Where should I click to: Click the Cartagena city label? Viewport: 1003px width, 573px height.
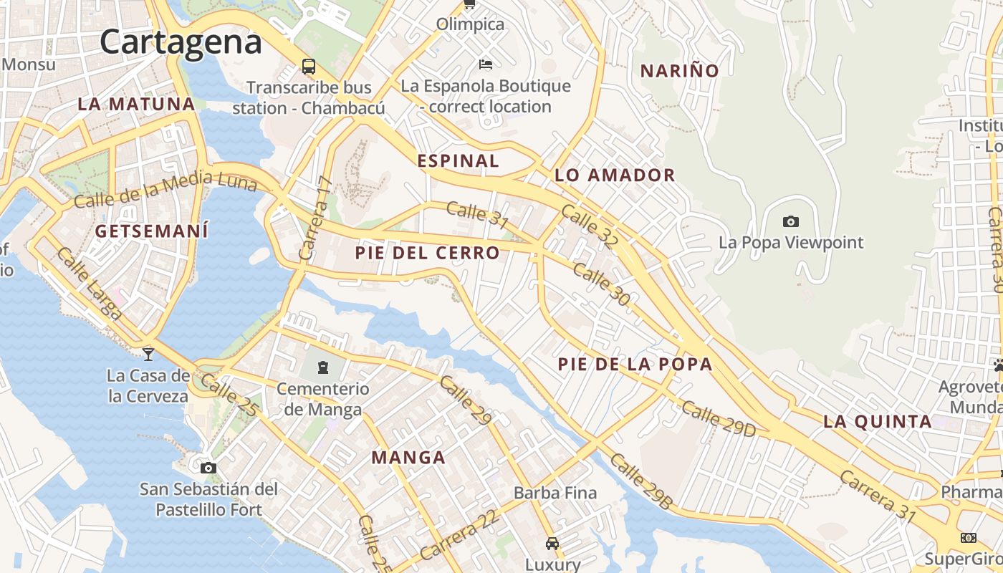click(181, 42)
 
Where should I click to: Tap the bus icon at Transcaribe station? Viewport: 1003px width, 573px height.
click(309, 67)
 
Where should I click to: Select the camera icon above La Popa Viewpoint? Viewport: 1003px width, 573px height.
click(791, 221)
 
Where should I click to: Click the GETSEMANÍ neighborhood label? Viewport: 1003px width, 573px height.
click(152, 231)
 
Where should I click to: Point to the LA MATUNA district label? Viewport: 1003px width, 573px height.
click(136, 104)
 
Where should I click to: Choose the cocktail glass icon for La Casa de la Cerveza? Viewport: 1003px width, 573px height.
click(148, 353)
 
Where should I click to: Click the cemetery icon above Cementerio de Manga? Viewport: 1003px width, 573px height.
click(323, 368)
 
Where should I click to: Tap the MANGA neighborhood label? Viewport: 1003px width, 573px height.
click(408, 457)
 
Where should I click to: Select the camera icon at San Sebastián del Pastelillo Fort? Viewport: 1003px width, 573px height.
click(208, 468)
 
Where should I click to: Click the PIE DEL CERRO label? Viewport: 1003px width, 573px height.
click(427, 253)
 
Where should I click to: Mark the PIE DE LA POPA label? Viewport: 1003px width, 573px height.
click(635, 364)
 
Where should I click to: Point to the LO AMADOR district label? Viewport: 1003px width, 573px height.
click(615, 175)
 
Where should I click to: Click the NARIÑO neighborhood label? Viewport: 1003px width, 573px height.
click(679, 71)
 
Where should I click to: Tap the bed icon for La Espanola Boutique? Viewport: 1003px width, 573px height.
click(486, 64)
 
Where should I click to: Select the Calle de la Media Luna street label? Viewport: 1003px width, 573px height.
click(165, 189)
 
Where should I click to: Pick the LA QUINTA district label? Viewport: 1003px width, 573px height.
click(878, 421)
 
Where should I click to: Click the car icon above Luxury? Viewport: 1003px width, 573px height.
click(552, 543)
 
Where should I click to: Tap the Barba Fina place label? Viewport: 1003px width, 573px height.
click(555, 493)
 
